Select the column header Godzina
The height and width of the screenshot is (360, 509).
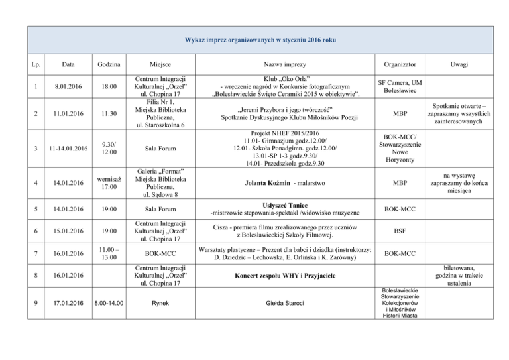(108, 65)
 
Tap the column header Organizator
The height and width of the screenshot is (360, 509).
(400, 65)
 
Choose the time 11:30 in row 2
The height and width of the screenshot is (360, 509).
(108, 113)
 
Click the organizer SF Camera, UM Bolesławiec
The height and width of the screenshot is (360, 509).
(400, 86)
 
